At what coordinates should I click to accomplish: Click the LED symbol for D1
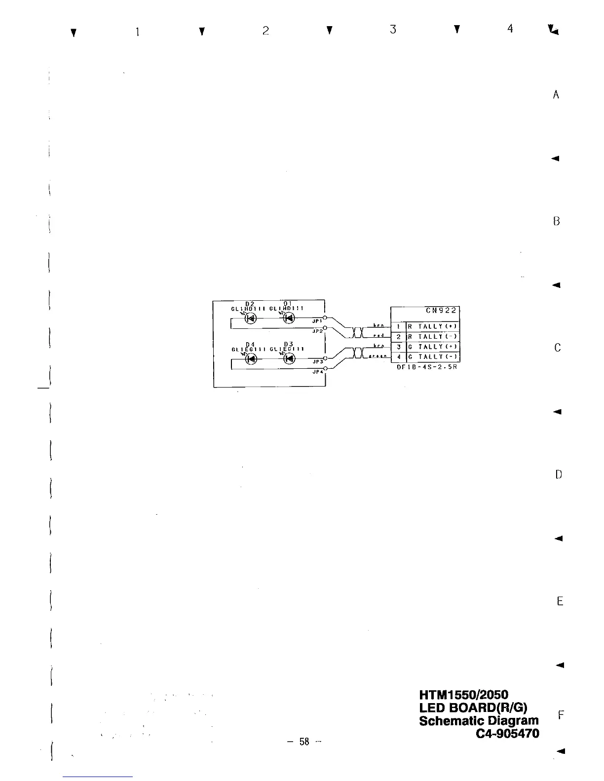point(289,318)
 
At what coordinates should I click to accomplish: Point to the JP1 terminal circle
point(325,318)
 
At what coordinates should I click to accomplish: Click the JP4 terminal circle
point(325,368)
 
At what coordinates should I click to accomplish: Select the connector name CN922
point(442,311)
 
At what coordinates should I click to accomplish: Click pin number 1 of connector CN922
point(398,326)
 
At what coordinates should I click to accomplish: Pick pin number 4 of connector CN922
point(398,356)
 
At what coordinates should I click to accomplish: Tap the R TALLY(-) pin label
point(433,337)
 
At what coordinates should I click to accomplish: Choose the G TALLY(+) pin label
point(433,347)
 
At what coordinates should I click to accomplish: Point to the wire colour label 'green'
point(378,357)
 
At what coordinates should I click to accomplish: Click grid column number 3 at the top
point(393,30)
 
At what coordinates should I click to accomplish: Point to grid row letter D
point(558,475)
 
